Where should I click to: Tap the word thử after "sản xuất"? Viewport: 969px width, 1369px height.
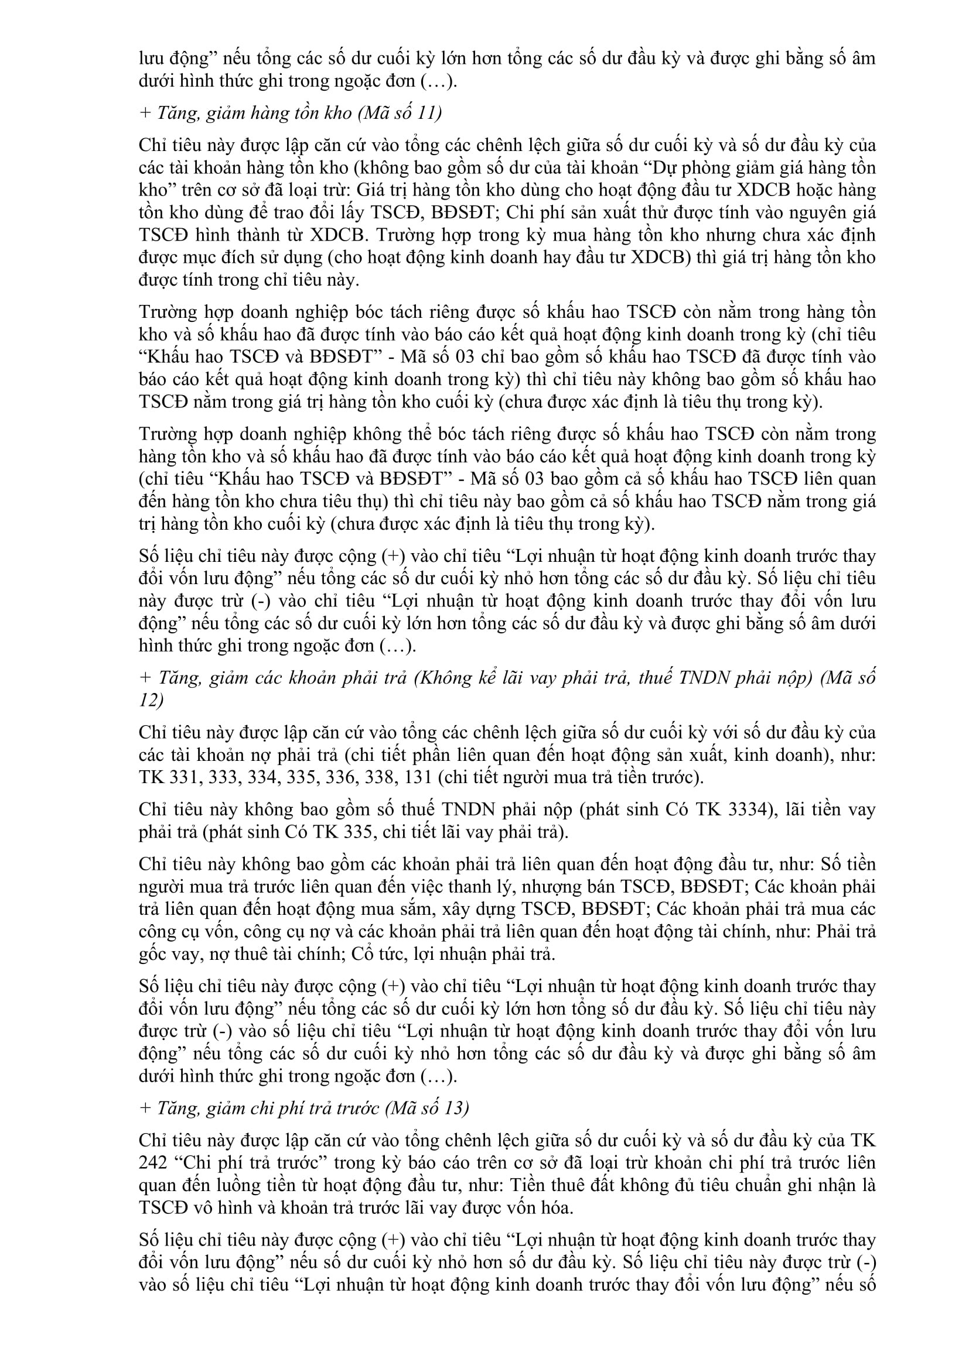tap(596, 213)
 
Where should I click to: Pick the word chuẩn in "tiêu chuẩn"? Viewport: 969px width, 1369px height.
tap(755, 1185)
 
